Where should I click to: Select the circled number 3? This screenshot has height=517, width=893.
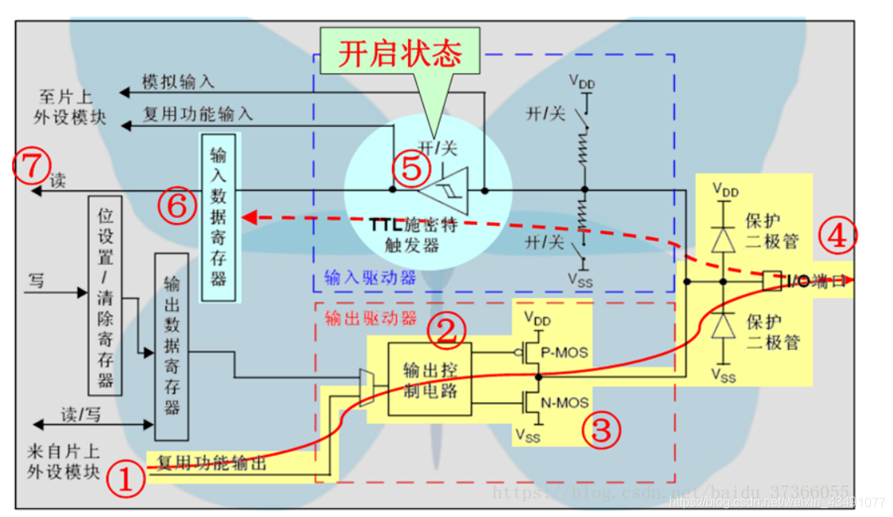[x=601, y=430]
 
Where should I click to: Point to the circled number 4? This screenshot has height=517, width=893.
[x=838, y=236]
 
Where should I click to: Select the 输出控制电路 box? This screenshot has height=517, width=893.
[x=429, y=380]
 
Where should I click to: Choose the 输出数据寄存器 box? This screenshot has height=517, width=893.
[x=171, y=347]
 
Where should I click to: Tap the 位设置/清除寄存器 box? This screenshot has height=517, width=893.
[x=105, y=295]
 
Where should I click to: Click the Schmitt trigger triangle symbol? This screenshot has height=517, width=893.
[x=445, y=190]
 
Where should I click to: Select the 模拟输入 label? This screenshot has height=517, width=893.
[x=178, y=82]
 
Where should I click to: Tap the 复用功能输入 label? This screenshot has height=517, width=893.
[x=197, y=114]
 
